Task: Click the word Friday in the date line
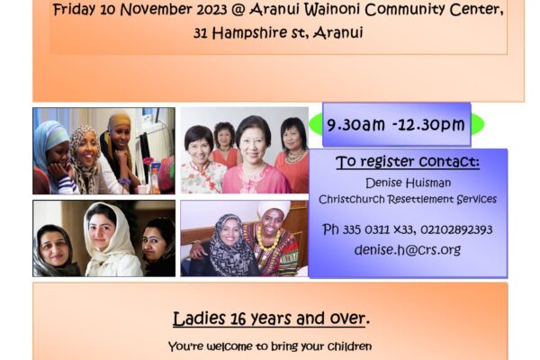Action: [74, 10]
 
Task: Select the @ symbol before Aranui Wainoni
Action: [238, 10]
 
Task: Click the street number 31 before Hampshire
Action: [201, 33]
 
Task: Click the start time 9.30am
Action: [355, 124]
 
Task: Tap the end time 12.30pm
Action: [435, 125]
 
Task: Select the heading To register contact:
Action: [408, 162]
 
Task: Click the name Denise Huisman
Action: [408, 183]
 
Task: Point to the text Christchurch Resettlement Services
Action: [408, 200]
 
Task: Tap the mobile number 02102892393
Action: [456, 229]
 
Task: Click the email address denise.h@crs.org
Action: [408, 250]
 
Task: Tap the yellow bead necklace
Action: [267, 238]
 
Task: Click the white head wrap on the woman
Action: [274, 209]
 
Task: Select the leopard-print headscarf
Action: [84, 155]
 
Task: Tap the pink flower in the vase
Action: [148, 161]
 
